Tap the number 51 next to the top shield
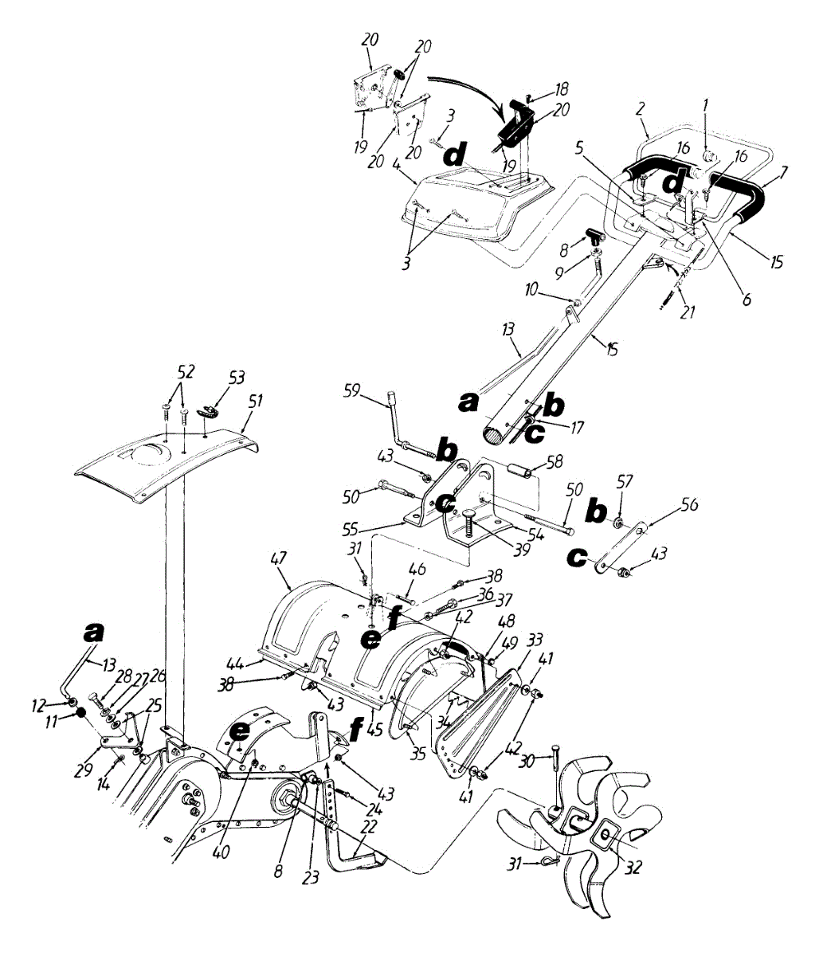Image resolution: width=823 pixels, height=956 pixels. (254, 402)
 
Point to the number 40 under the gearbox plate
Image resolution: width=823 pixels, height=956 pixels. (221, 852)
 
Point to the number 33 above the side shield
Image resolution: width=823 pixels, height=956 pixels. (535, 640)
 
